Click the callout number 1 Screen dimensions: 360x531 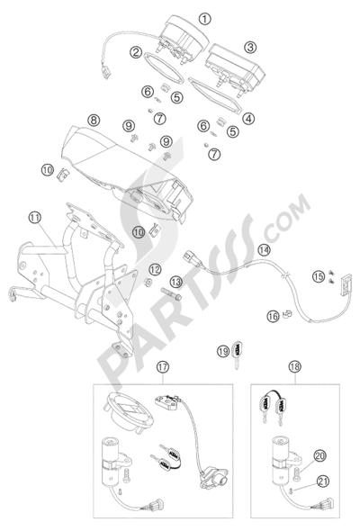[204, 19]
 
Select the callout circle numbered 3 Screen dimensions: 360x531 [250, 47]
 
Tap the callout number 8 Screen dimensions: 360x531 [94, 120]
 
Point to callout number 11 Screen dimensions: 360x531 [34, 218]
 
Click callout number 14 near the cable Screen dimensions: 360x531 [265, 250]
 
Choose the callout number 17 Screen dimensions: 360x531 [163, 366]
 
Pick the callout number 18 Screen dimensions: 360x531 [295, 366]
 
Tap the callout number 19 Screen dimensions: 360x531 [223, 351]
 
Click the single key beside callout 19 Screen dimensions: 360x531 [237, 354]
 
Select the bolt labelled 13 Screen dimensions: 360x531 [171, 293]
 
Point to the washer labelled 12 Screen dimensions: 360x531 [148, 282]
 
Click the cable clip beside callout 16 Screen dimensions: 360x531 [287, 314]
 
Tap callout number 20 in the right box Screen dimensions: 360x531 [320, 455]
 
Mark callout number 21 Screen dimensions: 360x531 [322, 481]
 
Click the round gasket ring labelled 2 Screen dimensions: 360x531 [164, 67]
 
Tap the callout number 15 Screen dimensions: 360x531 [319, 276]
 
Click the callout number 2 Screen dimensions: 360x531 [137, 52]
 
